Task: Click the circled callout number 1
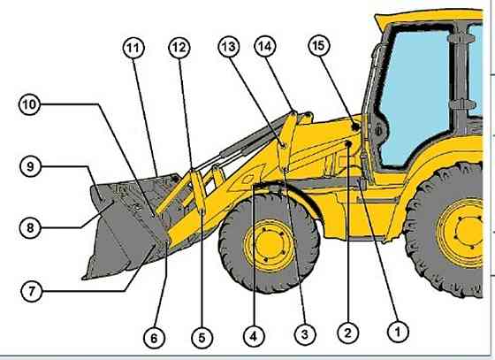pos(398,332)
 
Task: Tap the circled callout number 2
pos(348,333)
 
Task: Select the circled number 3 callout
pos(305,334)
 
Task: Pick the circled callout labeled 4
pos(254,337)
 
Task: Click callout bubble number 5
pos(202,338)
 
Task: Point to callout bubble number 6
pos(154,338)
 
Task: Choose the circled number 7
pos(31,291)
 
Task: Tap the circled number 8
pos(30,227)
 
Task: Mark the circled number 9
pos(30,166)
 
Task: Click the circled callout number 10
pos(29,104)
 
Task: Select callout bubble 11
pos(133,49)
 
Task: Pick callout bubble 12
pos(179,48)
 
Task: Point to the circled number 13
pos(229,47)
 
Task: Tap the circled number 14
pos(265,46)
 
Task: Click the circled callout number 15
pos(318,45)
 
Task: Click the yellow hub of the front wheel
pos(270,245)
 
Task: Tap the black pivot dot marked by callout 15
pos(355,127)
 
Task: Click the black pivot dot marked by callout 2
pos(348,144)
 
